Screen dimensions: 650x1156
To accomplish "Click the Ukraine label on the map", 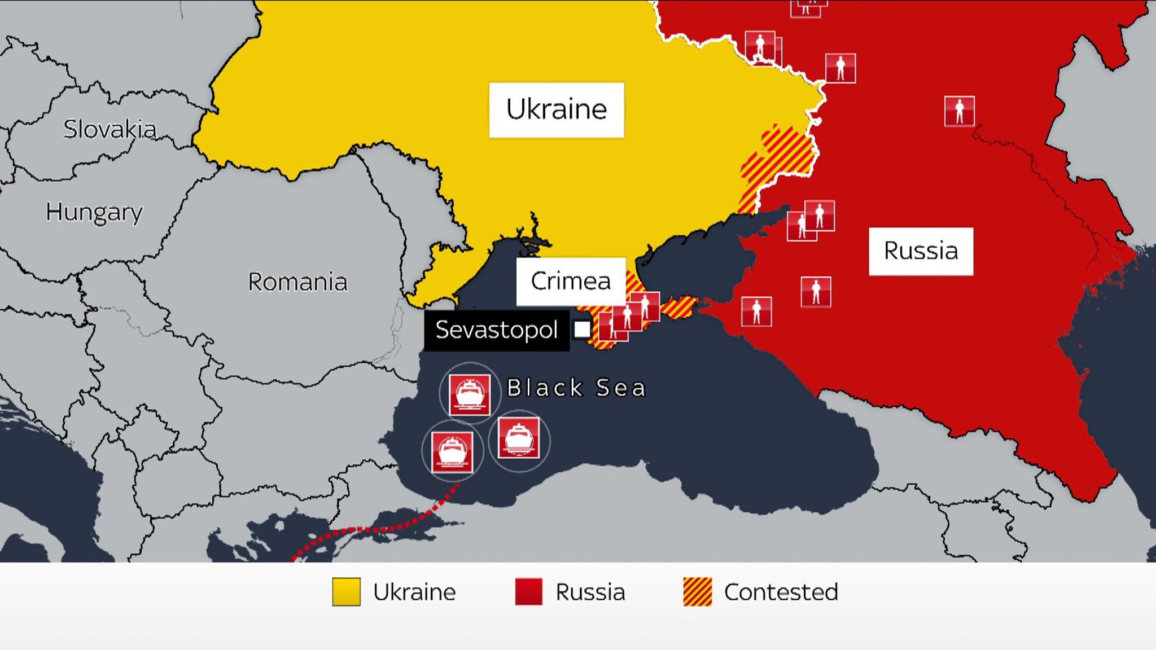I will [x=557, y=109].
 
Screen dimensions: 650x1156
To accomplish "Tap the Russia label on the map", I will [x=921, y=251].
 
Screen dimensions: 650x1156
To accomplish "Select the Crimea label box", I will [x=571, y=281].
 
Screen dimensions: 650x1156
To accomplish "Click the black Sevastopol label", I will [x=496, y=330].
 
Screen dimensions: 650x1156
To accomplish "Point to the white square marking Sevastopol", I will [x=582, y=330].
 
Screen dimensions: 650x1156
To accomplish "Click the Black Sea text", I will [x=576, y=388].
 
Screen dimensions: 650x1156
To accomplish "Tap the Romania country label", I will [x=297, y=282].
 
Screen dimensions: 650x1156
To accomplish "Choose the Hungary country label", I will [x=94, y=212].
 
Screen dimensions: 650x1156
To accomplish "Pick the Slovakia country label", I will [x=110, y=130].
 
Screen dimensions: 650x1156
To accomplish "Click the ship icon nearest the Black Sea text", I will [x=469, y=393].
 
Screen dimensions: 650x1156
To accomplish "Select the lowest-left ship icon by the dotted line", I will [x=452, y=451].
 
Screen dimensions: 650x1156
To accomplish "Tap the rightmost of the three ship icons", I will [x=519, y=438].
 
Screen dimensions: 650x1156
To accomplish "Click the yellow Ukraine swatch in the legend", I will [x=346, y=592].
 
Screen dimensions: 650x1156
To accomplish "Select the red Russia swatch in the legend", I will [x=528, y=592].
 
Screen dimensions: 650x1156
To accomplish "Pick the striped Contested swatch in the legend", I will [x=697, y=592].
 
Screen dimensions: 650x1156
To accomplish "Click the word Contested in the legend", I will [x=781, y=592].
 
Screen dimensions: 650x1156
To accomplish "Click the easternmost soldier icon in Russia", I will [x=959, y=111].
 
